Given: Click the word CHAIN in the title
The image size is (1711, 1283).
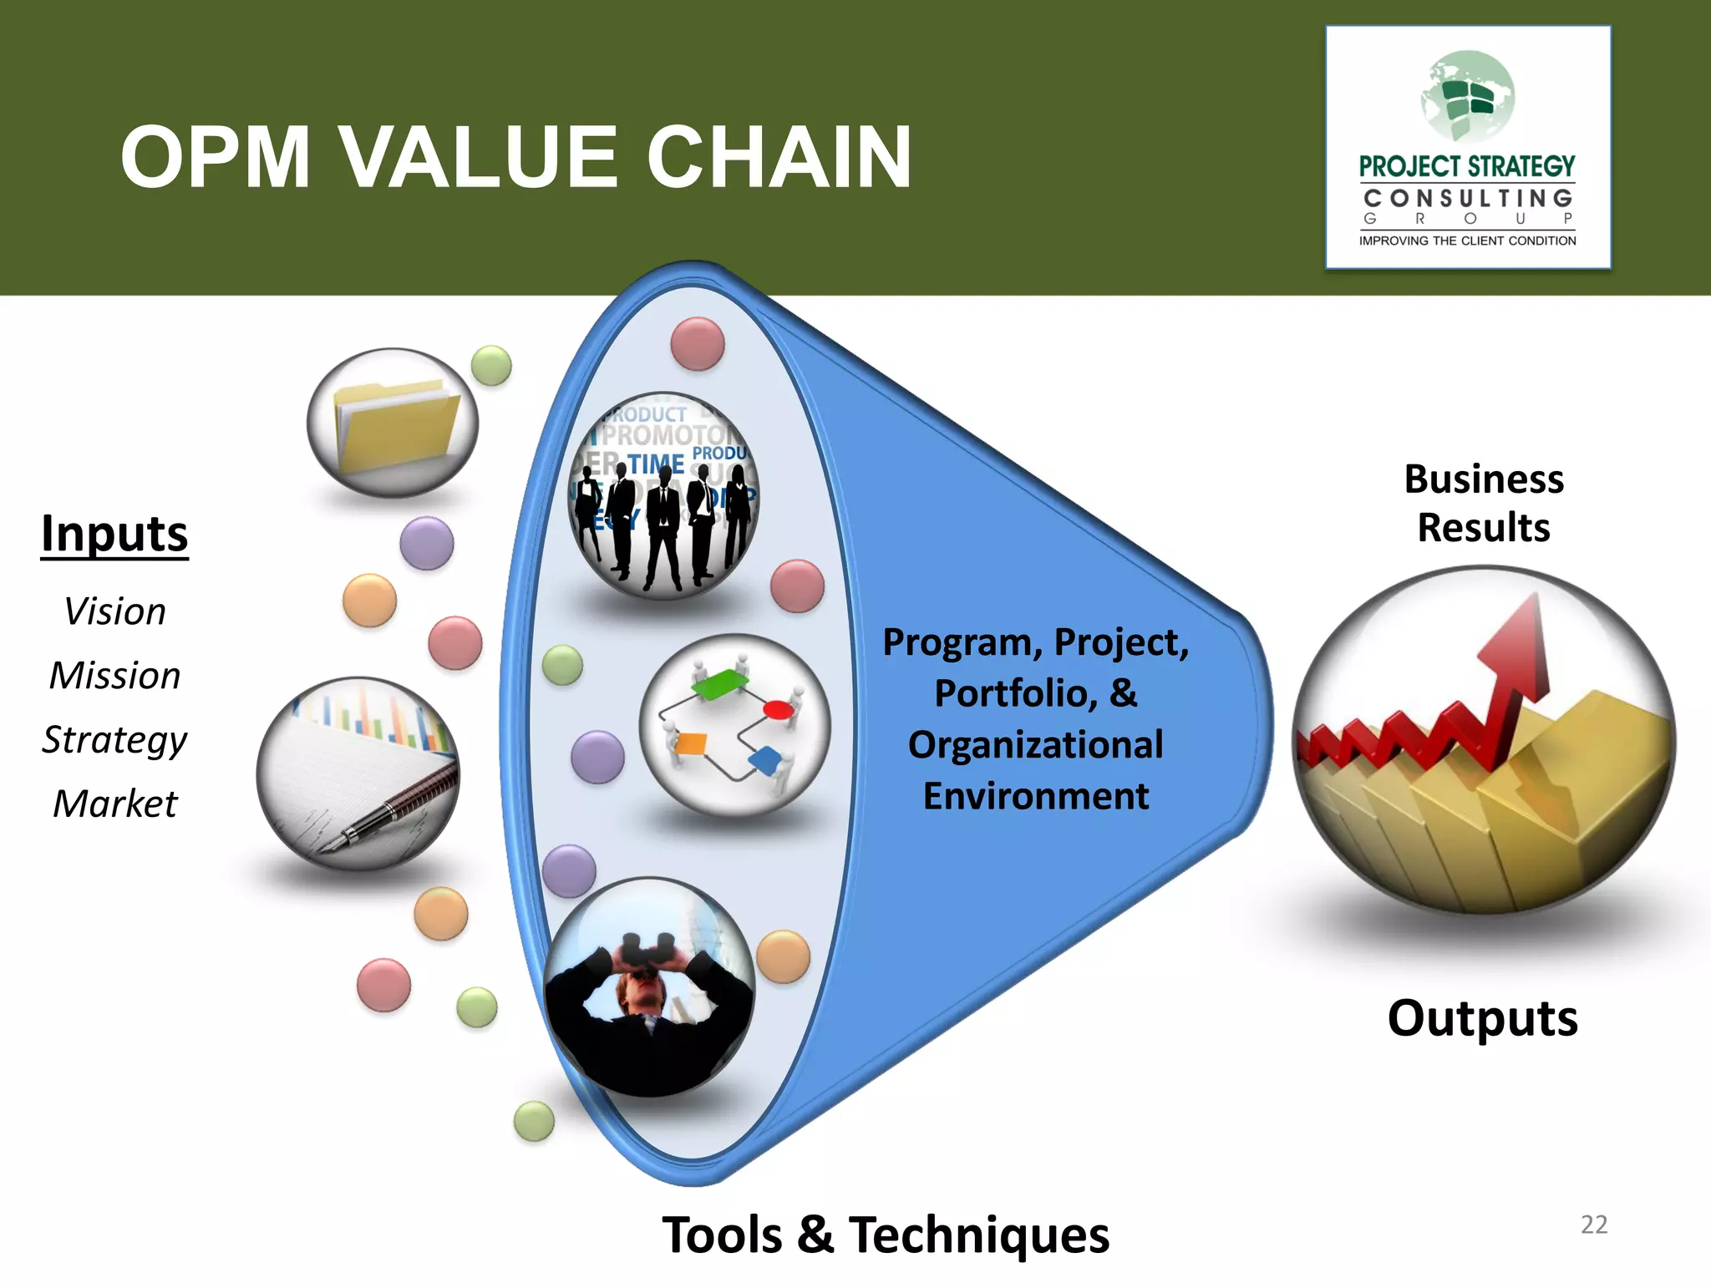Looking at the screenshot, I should point(779,157).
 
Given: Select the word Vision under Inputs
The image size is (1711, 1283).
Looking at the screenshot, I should point(114,611).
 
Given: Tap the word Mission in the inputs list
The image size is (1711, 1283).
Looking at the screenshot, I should point(114,675).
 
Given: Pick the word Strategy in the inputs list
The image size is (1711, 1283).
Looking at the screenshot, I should point(114,740).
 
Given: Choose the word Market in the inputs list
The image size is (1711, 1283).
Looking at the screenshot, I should point(114,804).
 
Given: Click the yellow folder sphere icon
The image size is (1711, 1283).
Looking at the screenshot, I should point(393,423).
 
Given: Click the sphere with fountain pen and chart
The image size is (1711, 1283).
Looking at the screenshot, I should point(358,773).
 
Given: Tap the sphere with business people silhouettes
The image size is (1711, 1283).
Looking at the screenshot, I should point(663,496).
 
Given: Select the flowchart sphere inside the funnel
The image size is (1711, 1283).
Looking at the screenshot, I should point(734,724).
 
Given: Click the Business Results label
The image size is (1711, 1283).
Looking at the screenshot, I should point(1484,503).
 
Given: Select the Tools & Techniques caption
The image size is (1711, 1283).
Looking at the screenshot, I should point(886,1235).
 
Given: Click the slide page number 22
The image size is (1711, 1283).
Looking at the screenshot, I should point(1593,1225).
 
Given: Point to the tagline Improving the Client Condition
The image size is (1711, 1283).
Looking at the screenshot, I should point(1467,241).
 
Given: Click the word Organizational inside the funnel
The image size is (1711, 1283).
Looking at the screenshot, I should point(1035,744).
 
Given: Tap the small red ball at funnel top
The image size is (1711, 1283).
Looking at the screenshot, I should point(698,343).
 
